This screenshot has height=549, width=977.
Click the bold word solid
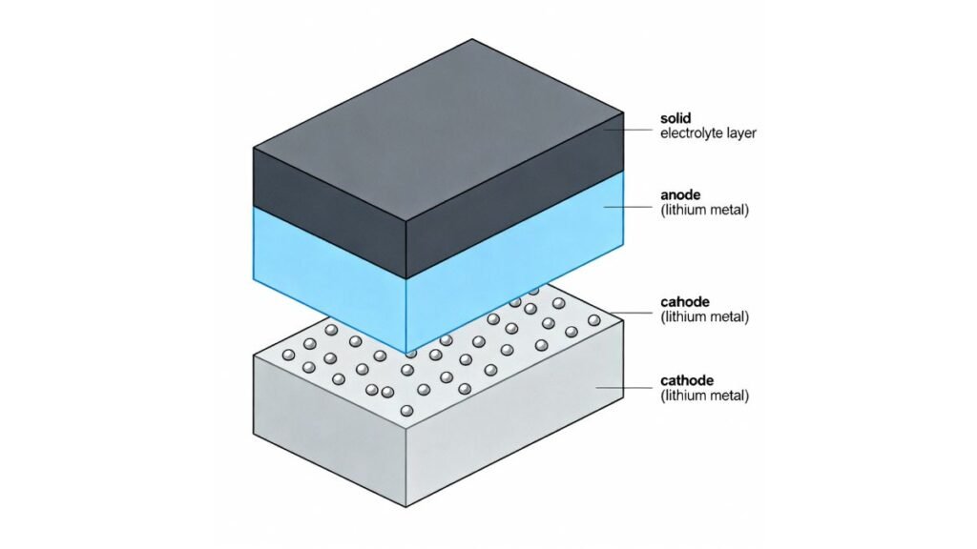[x=676, y=118]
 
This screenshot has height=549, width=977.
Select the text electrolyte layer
[x=709, y=133]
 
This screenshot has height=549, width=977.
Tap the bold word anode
[x=680, y=195]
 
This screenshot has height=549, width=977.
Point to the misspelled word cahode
[x=685, y=302]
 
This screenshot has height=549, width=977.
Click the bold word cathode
[x=687, y=380]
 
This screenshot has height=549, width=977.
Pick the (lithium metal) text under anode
[x=705, y=211]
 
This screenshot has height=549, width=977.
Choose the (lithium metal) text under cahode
[x=705, y=316]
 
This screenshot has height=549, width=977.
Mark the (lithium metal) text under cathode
[x=705, y=396]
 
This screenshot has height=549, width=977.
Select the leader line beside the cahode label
[x=632, y=313]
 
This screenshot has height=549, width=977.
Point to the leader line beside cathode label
[x=624, y=387]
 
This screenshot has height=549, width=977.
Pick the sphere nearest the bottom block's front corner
[x=406, y=411]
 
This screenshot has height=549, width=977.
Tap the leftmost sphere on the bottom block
[x=288, y=355]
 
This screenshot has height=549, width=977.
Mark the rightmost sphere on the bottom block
[x=593, y=320]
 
